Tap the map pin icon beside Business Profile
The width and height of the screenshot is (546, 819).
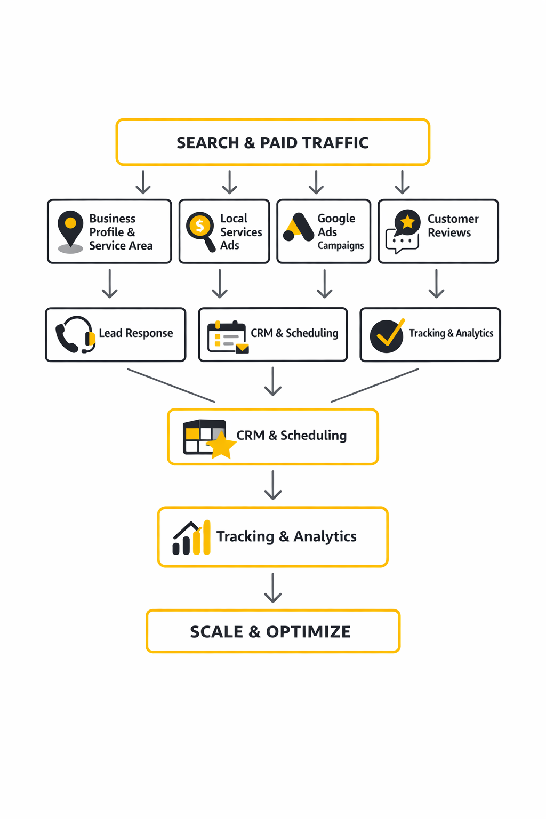pos(70,231)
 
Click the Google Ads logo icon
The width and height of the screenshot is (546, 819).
pos(299,228)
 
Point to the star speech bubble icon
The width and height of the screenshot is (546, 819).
pos(404,231)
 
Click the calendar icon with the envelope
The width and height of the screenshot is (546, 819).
pos(228,337)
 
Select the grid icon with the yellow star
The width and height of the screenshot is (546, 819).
pos(208,438)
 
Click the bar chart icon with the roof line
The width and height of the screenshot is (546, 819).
pos(191,537)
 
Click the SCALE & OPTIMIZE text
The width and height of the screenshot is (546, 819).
pos(270,632)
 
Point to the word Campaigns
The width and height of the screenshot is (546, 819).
pos(341,245)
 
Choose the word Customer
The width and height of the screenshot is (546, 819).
pos(453,219)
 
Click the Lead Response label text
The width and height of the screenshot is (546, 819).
pos(136,333)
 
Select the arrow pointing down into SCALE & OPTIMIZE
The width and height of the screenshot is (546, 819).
pos(273,588)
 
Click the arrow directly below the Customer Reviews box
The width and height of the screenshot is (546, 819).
pos(436,284)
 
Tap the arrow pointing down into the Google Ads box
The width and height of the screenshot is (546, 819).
pos(316,182)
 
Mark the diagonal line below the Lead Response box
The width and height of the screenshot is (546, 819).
pos(171,385)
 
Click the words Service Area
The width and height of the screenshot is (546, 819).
pos(121,246)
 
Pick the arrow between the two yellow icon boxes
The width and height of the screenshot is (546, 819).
pos(273,485)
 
